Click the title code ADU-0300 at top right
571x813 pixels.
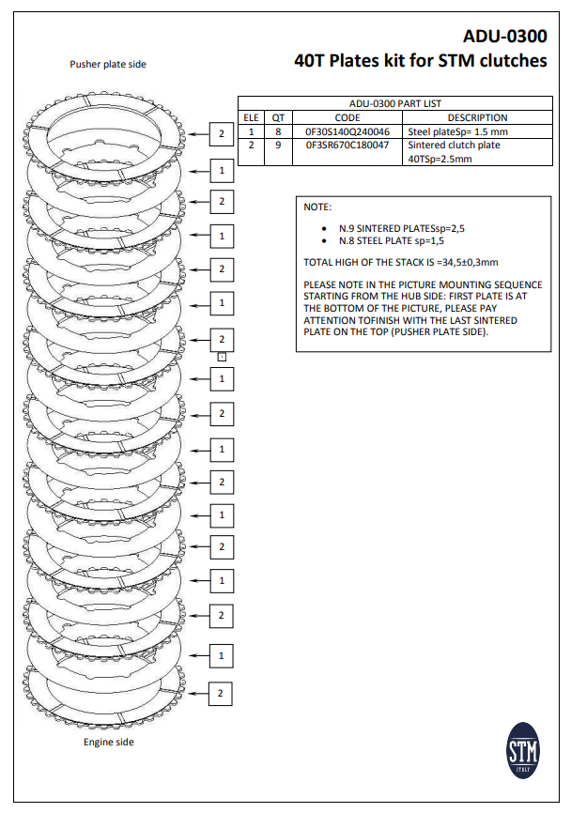505,37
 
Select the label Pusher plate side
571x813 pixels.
108,64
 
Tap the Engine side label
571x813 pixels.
109,743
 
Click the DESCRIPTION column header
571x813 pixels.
477,117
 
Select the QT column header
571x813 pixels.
278,117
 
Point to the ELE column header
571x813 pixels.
251,117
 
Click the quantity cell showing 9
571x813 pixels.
278,146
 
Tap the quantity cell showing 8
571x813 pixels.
278,132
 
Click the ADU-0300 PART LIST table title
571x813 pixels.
395,104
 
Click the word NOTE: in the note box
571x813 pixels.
318,206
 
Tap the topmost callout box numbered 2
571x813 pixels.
221,134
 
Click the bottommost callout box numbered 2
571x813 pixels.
221,693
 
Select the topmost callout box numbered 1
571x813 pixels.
221,171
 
